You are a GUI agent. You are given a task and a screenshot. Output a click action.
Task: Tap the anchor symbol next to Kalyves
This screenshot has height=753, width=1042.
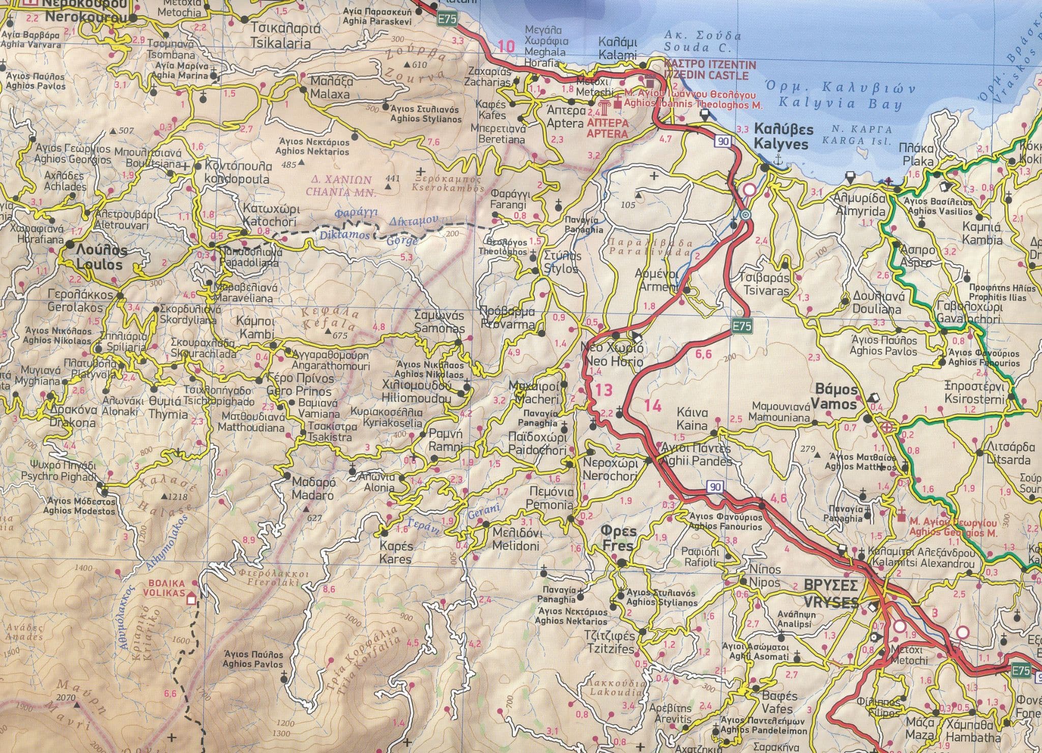click(777, 159)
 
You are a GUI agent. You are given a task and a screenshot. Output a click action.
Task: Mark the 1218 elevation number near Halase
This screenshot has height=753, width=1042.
click(177, 497)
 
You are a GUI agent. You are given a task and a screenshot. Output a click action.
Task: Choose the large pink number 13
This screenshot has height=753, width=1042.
click(604, 390)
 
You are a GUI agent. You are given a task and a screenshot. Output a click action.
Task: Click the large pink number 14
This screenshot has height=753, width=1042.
click(653, 405)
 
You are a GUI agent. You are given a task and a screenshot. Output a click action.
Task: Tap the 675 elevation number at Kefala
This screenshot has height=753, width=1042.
click(340, 336)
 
